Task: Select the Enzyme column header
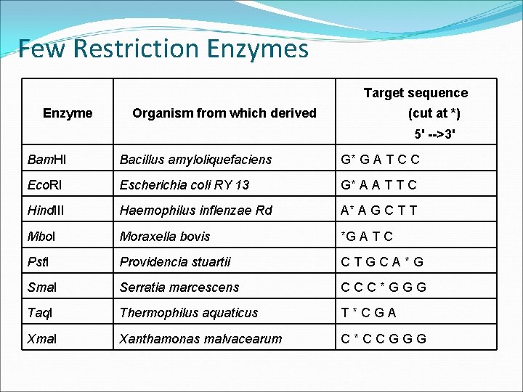point(68,113)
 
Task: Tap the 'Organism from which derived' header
point(224,113)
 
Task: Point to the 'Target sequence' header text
point(415,92)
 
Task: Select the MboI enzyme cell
point(42,236)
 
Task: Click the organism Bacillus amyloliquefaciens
point(195,159)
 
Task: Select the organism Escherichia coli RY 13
point(185,184)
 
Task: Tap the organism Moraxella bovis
point(165,236)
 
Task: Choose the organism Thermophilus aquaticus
point(189,312)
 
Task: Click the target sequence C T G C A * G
point(382,261)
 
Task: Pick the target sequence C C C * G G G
point(384,287)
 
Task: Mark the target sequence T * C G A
point(370,312)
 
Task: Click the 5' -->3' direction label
point(434,134)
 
